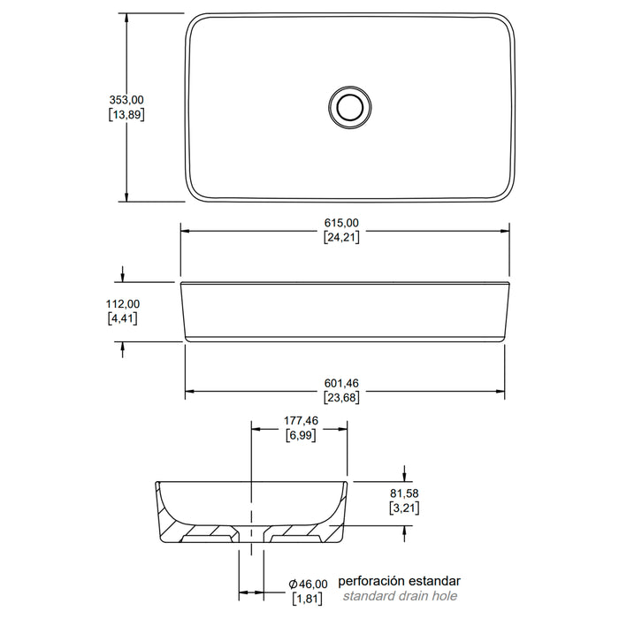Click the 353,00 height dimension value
[126, 100]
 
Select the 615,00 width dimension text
[341, 223]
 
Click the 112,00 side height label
[123, 304]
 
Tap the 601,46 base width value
[341, 383]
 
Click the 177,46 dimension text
[301, 421]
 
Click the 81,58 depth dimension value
[404, 493]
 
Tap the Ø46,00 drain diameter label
[308, 584]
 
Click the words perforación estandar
[399, 581]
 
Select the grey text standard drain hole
[400, 596]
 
